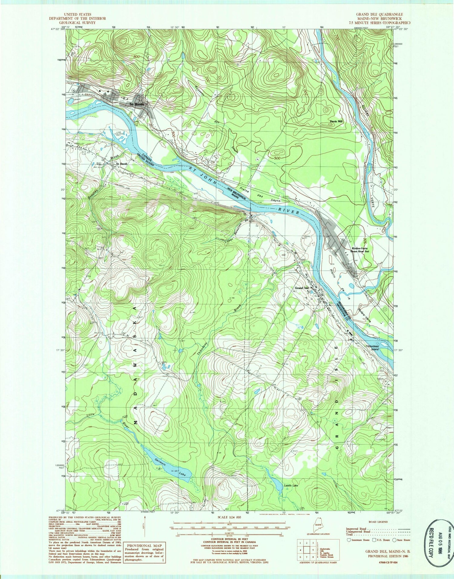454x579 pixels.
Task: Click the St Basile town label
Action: pyautogui.click(x=137, y=104)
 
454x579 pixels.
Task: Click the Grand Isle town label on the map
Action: pyautogui.click(x=302, y=288)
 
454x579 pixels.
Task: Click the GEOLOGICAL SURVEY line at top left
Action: pyautogui.click(x=77, y=22)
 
